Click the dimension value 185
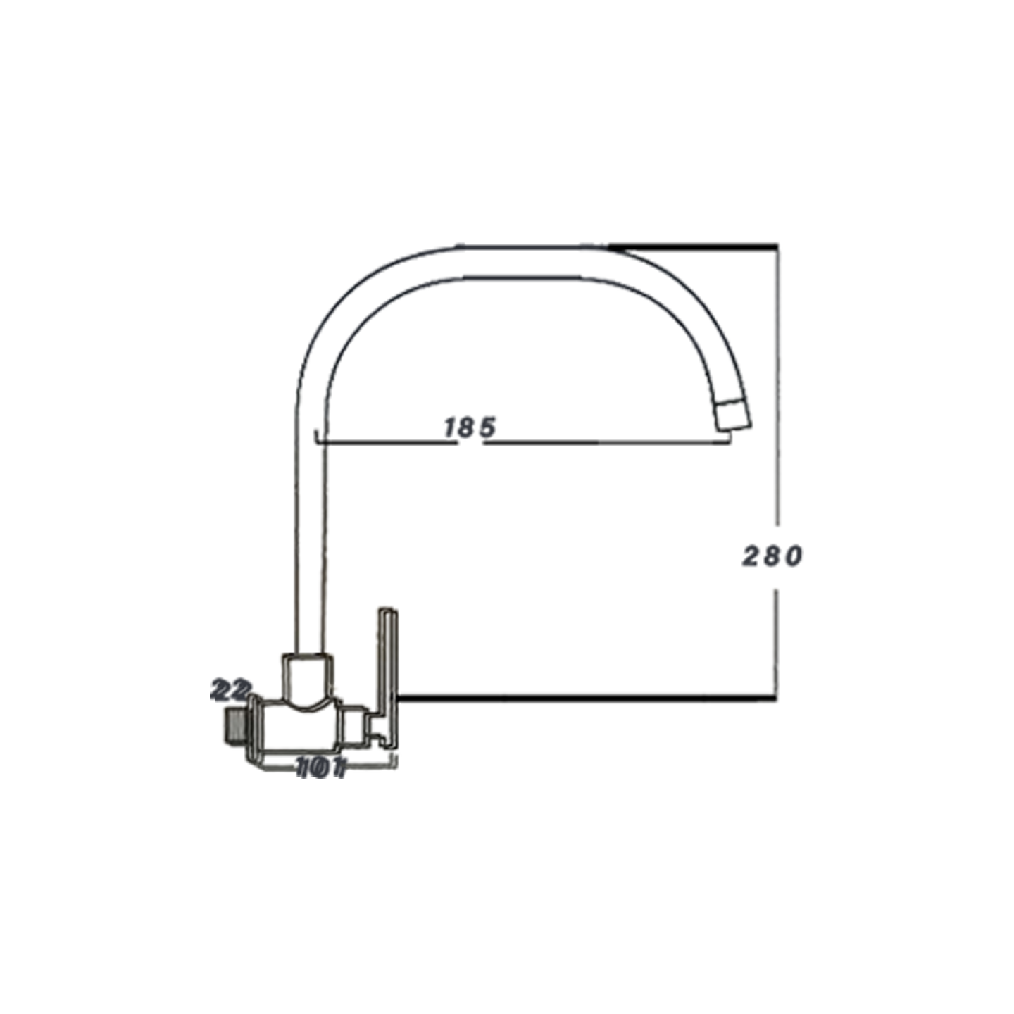(x=470, y=427)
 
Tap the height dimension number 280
(x=772, y=556)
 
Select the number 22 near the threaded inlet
(x=231, y=690)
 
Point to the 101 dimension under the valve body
(x=321, y=768)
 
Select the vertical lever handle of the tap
(x=389, y=662)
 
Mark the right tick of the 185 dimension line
(x=727, y=439)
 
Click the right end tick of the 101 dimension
(x=396, y=762)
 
